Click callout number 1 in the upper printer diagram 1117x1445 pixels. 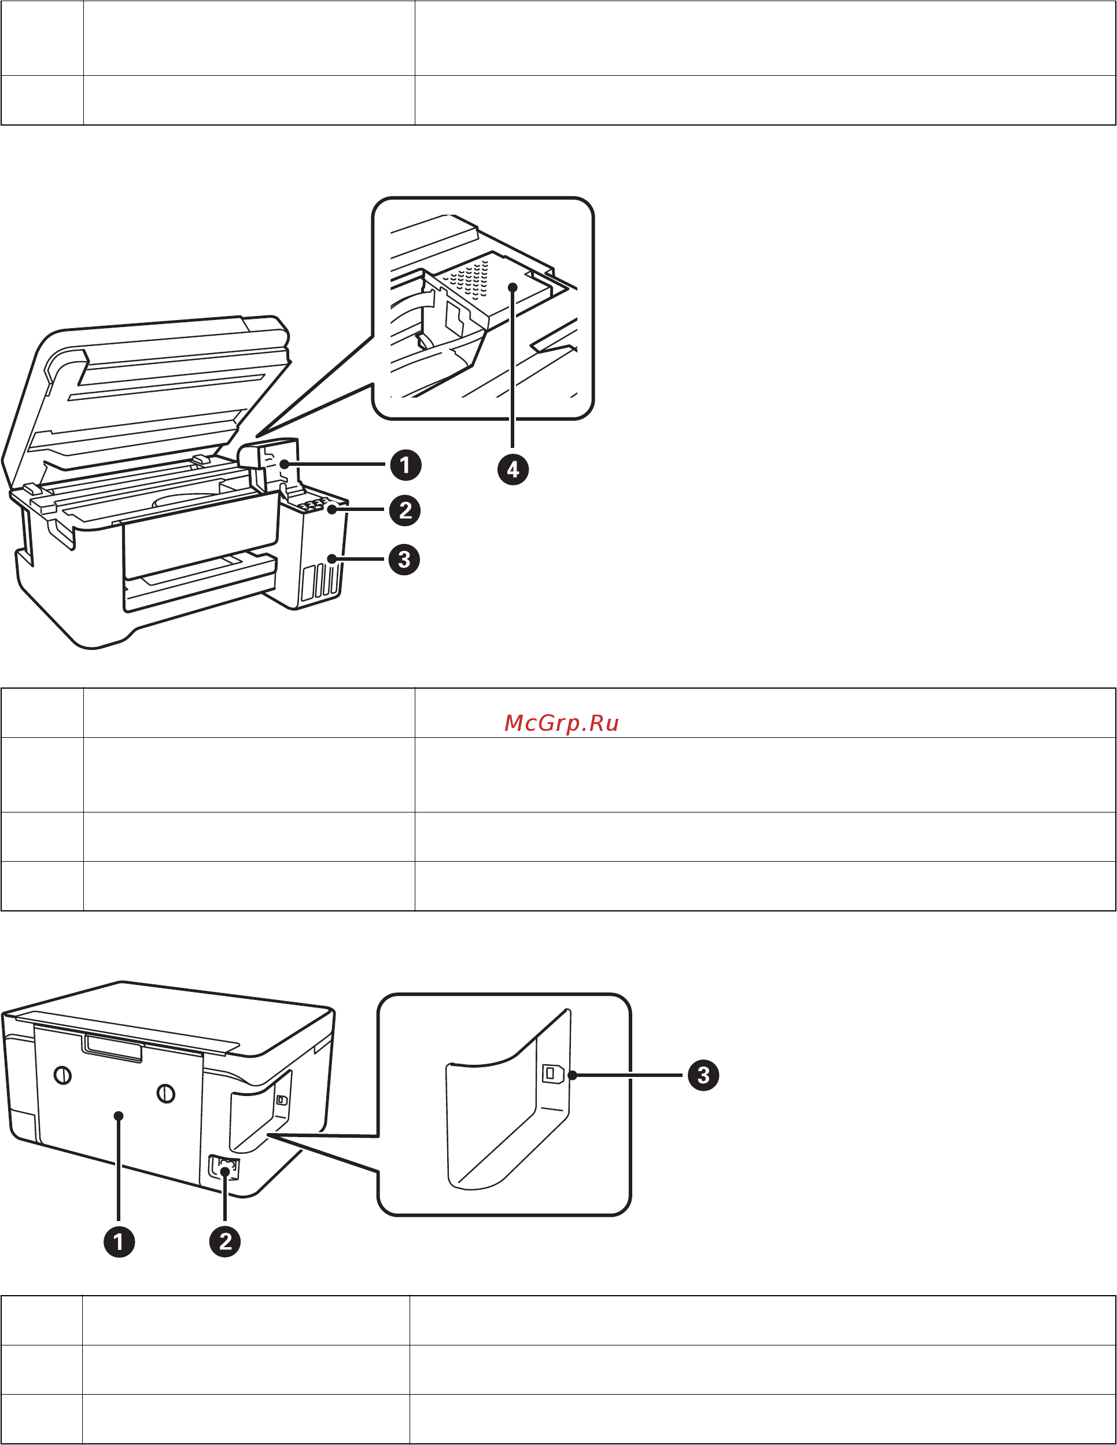coord(405,465)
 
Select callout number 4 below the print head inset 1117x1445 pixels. coord(513,470)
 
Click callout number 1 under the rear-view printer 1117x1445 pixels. coord(119,1241)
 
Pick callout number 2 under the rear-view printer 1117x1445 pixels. coord(225,1241)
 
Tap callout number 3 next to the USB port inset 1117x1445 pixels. coord(703,1075)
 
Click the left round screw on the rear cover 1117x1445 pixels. coord(63,1075)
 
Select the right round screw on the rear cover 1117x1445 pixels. coord(165,1094)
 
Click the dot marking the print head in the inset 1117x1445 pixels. coord(513,287)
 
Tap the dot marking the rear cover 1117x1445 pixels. coord(119,1116)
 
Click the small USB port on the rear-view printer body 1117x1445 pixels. coord(281,1100)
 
